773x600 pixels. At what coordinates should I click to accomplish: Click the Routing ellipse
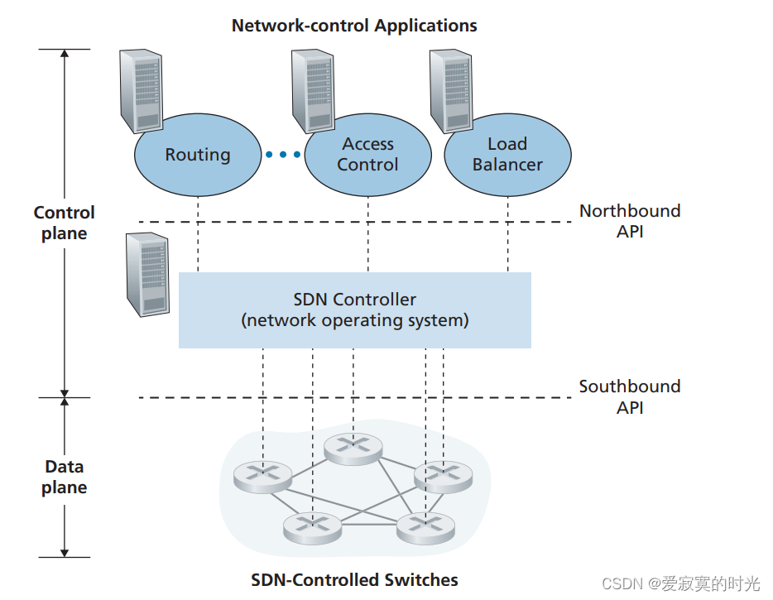(198, 155)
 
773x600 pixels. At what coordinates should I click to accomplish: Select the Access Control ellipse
(367, 155)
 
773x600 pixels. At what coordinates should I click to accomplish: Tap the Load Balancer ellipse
(507, 155)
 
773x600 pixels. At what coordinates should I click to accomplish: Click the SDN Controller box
(355, 310)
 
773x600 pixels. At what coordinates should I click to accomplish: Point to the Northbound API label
(630, 221)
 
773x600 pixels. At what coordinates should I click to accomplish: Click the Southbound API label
(630, 396)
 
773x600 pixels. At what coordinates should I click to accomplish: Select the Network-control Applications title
(354, 26)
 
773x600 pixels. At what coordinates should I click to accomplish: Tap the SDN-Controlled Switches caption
(354, 579)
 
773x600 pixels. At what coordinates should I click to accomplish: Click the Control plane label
(65, 223)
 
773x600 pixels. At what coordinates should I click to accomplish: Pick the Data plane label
(65, 477)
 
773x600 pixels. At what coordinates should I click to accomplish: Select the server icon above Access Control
(312, 90)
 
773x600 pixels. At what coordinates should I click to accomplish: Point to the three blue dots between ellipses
(284, 155)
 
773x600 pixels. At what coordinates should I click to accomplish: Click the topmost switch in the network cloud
(353, 447)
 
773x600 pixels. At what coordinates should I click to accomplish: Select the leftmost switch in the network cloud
(262, 475)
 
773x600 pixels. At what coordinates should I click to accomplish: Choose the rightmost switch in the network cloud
(444, 475)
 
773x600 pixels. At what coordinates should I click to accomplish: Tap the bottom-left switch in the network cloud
(312, 526)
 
